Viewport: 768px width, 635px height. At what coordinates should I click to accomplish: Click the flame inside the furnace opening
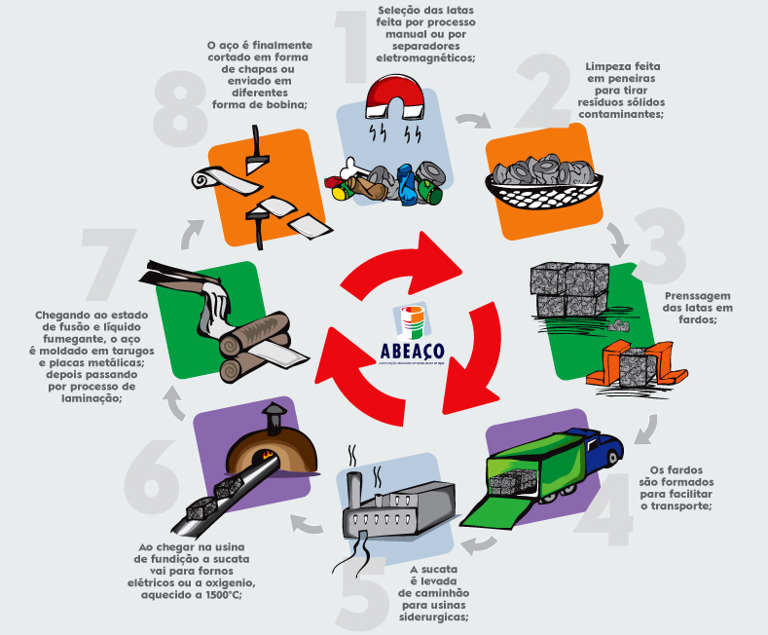pyautogui.click(x=266, y=456)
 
